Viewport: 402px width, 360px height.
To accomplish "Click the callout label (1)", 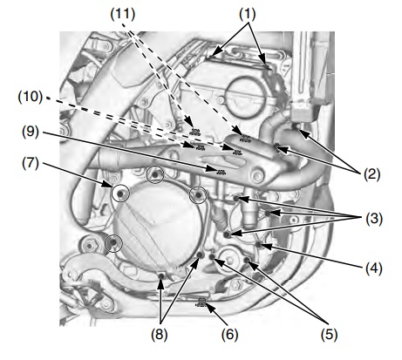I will pos(249,15).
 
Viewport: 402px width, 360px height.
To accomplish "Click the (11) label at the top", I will pos(119,15).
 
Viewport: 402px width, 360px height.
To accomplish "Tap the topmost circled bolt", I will pos(156,175).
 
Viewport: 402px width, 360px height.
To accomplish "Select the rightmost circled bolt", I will pos(200,194).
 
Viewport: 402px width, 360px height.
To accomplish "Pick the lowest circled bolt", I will pos(111,243).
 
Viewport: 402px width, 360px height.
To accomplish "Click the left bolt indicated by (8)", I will pos(162,279).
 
